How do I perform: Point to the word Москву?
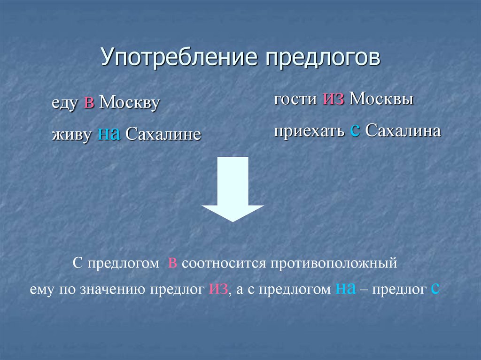(130, 104)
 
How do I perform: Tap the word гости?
(295, 100)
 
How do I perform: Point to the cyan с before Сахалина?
(355, 131)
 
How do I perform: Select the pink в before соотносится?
(172, 263)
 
